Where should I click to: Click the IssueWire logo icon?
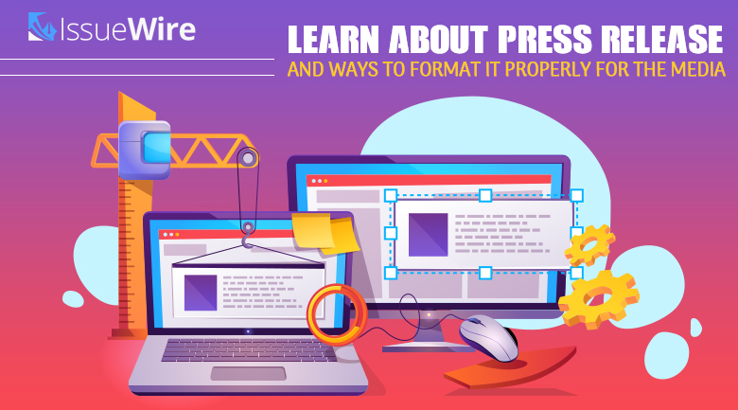click(43, 27)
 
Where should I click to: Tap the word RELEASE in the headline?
click(667, 40)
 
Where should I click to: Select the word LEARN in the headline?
click(336, 40)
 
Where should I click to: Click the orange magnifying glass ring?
click(337, 312)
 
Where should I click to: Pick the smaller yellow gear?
click(589, 245)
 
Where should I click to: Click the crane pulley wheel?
click(247, 158)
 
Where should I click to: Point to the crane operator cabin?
click(145, 149)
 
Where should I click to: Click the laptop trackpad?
click(248, 373)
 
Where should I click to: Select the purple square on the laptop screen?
click(201, 291)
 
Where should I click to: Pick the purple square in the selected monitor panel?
click(428, 234)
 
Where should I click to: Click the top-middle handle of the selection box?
click(484, 196)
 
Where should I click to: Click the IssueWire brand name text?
click(129, 29)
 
